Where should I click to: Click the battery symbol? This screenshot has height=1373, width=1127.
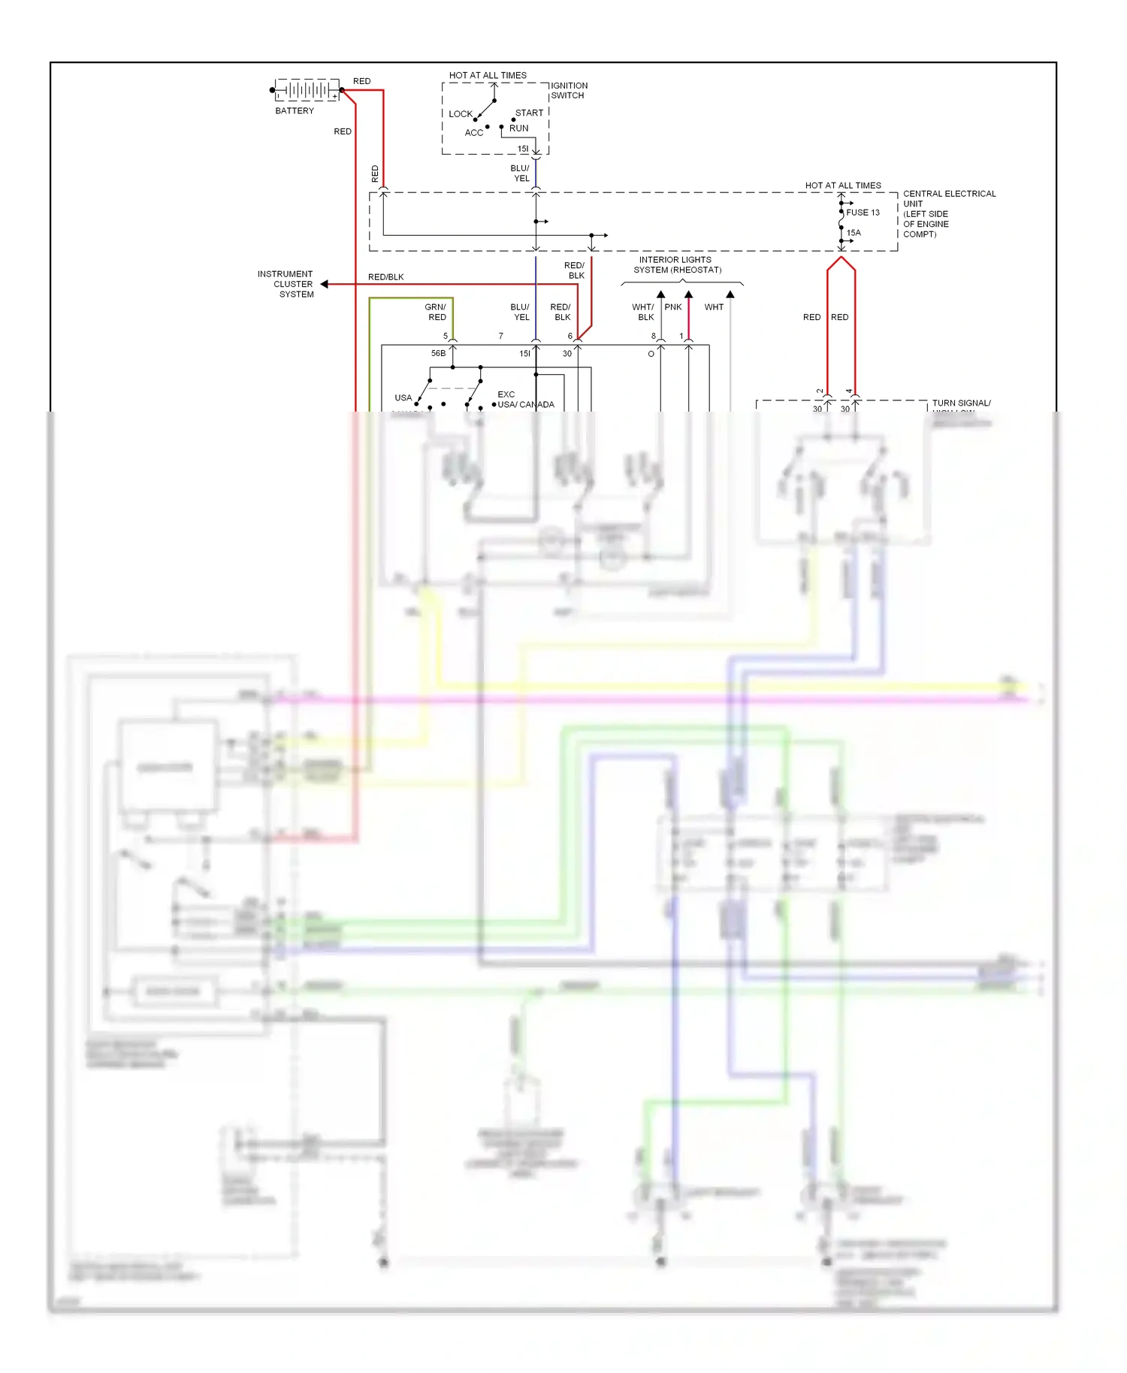(x=307, y=90)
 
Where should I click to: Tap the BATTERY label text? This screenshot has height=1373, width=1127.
(x=295, y=111)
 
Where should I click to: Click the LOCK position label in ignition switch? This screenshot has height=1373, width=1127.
(x=461, y=114)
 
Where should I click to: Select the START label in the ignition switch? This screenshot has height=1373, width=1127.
(x=529, y=113)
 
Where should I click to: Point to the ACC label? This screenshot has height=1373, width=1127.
(x=474, y=133)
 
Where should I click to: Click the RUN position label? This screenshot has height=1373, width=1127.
(x=519, y=128)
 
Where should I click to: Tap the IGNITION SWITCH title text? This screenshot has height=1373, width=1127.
(x=569, y=91)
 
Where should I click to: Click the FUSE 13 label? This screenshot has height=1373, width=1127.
(x=863, y=213)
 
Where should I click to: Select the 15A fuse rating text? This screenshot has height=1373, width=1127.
(x=854, y=233)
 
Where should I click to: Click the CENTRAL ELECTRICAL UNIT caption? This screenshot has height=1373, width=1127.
(x=948, y=214)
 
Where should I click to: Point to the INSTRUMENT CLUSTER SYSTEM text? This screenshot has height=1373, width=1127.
(x=286, y=284)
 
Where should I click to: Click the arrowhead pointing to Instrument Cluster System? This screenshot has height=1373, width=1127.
(x=325, y=284)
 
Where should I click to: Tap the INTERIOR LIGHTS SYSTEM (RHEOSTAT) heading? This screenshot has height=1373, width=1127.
(x=676, y=265)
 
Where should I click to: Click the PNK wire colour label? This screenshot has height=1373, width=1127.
(x=673, y=307)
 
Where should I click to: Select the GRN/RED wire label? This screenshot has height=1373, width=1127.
(x=436, y=312)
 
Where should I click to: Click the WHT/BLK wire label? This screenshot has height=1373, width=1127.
(x=643, y=312)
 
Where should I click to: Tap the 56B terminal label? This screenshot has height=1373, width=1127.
(x=438, y=353)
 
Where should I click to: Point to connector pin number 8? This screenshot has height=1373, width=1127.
(x=653, y=336)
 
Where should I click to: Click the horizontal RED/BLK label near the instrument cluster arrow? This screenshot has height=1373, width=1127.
(x=386, y=277)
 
